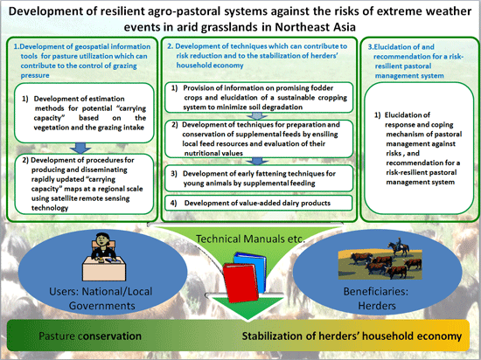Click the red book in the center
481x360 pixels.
click(240, 282)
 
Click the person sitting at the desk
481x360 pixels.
click(103, 246)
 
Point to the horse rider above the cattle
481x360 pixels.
click(399, 246)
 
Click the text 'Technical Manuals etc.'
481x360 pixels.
click(250, 239)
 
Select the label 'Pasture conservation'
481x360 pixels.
click(90, 336)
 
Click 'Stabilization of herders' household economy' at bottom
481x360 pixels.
click(352, 336)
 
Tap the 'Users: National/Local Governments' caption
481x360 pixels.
click(101, 298)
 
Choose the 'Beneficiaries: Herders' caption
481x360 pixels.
click(376, 298)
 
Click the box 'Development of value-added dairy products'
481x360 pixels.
click(259, 203)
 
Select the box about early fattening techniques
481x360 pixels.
click(259, 178)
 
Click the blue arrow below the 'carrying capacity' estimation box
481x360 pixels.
click(80, 149)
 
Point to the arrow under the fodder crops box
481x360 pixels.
click(257, 116)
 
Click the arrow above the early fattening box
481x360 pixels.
click(257, 162)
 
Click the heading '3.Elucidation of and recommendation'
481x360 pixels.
click(415, 61)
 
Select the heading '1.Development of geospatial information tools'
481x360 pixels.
click(82, 60)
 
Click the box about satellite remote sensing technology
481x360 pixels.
click(84, 184)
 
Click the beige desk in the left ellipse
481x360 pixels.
click(104, 268)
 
